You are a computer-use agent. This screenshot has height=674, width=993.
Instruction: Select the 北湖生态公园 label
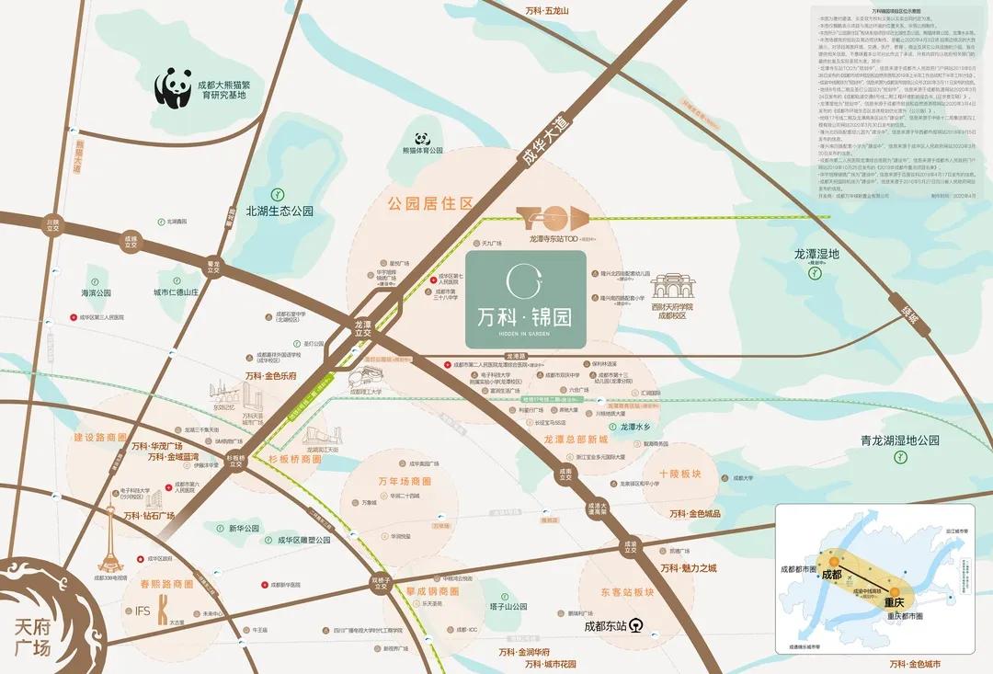[x=280, y=211]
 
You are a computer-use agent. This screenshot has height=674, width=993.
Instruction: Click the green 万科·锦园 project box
[x=525, y=299]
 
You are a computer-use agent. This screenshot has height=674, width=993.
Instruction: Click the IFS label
[x=142, y=610]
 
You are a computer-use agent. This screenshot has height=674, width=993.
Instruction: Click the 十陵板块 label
[x=679, y=474]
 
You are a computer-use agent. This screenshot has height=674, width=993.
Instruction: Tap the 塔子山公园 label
[x=507, y=607]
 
